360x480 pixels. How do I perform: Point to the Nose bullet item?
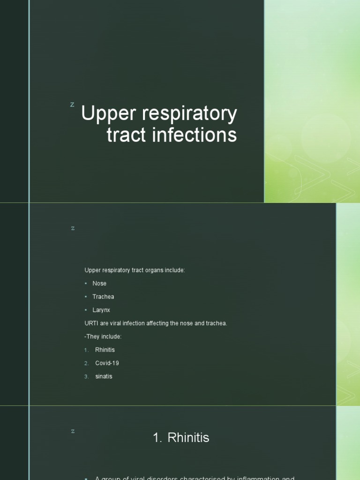(99, 284)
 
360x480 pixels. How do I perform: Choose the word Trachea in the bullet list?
(103, 297)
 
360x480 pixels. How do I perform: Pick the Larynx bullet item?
(101, 310)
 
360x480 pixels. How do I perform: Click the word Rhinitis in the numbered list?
(105, 350)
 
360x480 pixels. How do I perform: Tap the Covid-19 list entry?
(107, 363)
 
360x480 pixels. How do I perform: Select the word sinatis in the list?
(104, 376)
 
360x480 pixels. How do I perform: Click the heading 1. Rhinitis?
(181, 438)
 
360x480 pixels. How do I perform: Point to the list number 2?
(86, 363)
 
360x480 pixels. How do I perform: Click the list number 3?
(86, 376)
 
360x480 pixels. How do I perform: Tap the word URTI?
(91, 323)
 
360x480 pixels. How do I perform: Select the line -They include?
(103, 337)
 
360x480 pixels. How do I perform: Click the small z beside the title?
(72, 104)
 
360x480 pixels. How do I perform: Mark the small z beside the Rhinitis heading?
(73, 431)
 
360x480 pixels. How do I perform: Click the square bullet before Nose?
(86, 284)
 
